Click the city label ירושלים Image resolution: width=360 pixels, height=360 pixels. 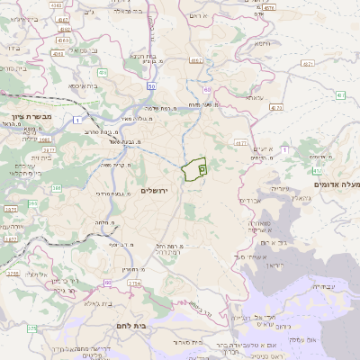(x=155, y=191)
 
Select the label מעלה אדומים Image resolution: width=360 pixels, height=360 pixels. (x=335, y=184)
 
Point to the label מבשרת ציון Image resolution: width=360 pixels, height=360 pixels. (x=21, y=118)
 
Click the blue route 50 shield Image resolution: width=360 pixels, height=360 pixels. (x=151, y=85)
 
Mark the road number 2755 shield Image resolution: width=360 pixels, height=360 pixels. (x=13, y=273)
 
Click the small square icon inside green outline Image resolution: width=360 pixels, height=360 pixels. (x=202, y=167)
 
